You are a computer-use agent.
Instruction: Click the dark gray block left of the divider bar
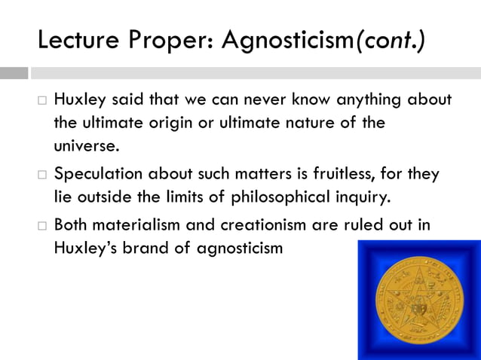[x=14, y=73]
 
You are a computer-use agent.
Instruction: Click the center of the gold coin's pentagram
[x=418, y=300]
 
